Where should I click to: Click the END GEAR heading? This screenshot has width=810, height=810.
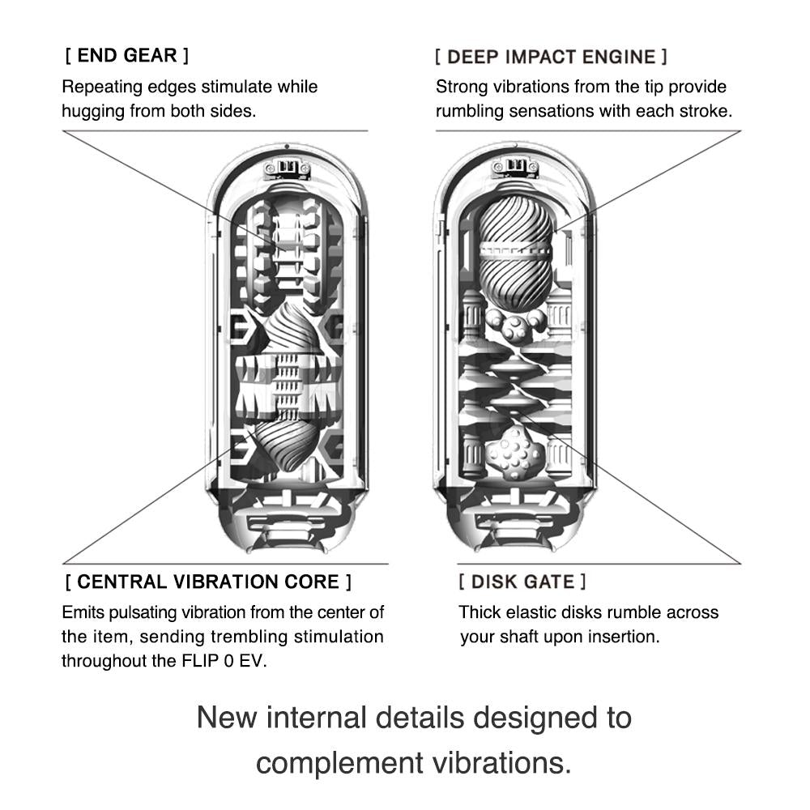tap(126, 56)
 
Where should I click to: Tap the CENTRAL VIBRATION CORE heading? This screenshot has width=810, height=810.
tap(208, 582)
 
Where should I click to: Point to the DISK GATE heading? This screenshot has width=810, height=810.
tap(522, 582)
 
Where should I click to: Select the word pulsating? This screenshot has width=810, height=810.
tap(149, 612)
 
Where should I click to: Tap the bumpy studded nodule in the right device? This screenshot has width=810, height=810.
tap(515, 454)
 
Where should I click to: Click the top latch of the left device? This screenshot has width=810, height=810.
tap(288, 168)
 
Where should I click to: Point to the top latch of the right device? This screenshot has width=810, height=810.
tap(515, 168)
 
